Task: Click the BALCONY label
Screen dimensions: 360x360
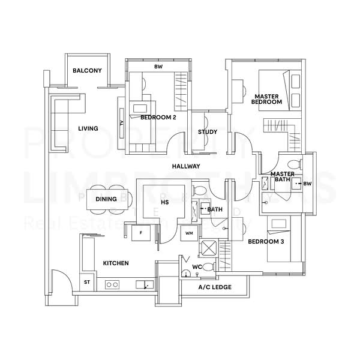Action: click(x=87, y=71)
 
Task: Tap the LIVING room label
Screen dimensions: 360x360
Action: click(x=88, y=128)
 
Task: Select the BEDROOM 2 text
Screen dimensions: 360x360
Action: click(x=158, y=118)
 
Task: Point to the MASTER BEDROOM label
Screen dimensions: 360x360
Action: click(x=267, y=99)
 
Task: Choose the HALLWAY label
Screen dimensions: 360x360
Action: click(x=186, y=166)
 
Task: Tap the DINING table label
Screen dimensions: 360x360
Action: click(x=106, y=199)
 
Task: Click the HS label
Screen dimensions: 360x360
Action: click(x=165, y=203)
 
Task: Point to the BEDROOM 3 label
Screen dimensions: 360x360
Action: click(x=266, y=241)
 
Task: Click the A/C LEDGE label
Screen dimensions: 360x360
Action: click(x=215, y=287)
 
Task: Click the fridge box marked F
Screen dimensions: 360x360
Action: click(x=140, y=232)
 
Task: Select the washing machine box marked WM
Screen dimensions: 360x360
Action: click(x=189, y=232)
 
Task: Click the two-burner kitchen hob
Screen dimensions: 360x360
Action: click(x=112, y=284)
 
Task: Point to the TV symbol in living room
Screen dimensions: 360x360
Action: click(x=122, y=122)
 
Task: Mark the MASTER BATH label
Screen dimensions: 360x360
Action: click(x=281, y=178)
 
